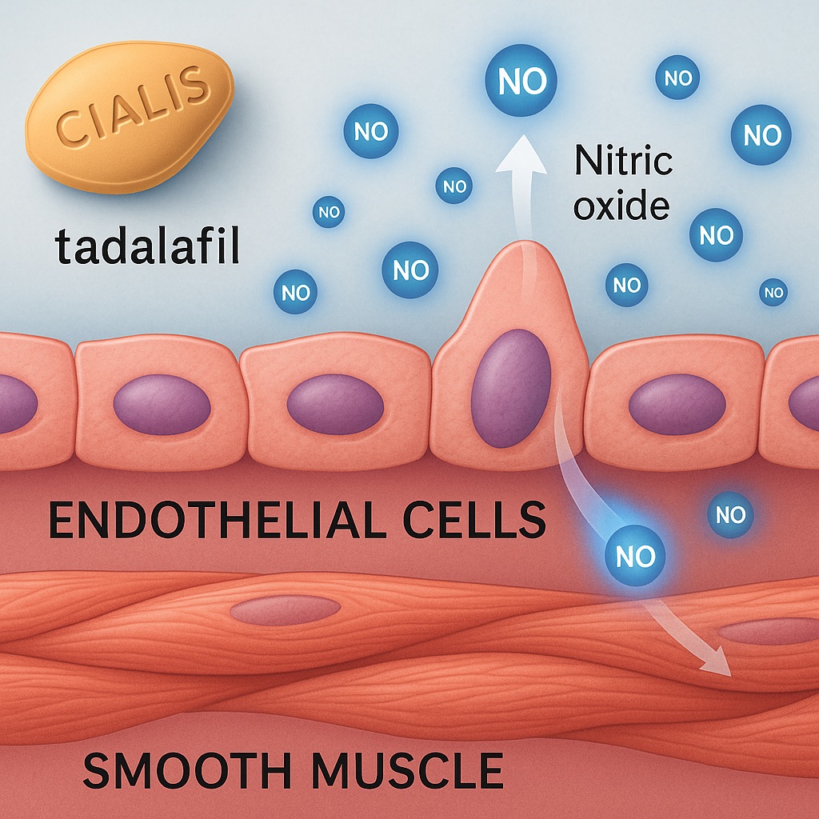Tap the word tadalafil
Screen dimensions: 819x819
pos(148,247)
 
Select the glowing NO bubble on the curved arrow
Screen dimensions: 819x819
pos(635,556)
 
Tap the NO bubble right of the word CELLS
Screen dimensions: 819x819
pos(730,515)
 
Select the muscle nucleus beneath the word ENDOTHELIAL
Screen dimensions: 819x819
pos(286,610)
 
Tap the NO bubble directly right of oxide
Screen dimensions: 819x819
pos(716,235)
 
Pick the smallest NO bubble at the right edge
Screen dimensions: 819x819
pos(773,293)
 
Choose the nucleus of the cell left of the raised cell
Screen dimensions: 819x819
pos(334,404)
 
